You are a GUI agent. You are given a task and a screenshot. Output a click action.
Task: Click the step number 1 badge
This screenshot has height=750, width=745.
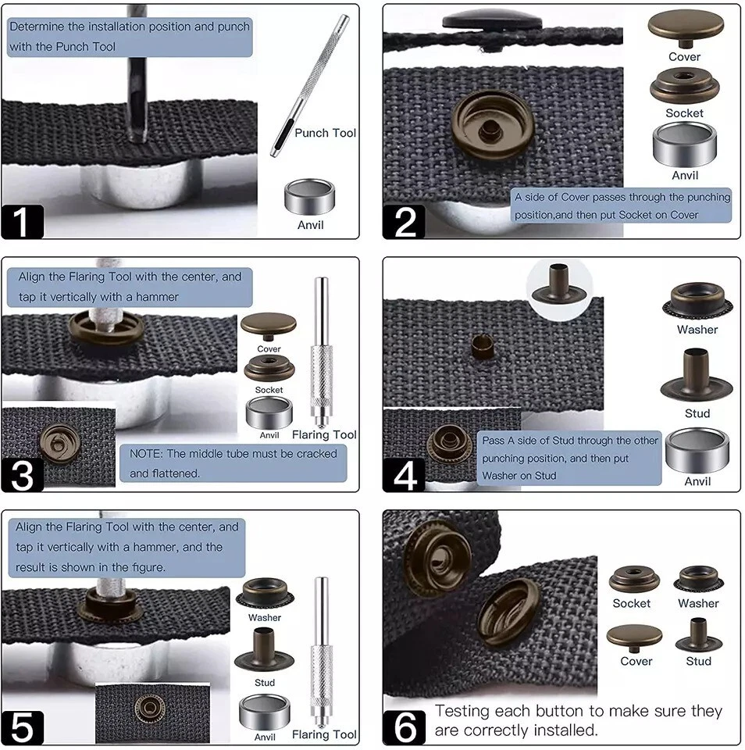pos(22,221)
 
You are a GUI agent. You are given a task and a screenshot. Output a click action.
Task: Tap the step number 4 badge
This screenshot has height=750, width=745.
pos(404,474)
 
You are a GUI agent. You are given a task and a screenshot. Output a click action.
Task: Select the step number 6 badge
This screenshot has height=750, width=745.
pos(404,727)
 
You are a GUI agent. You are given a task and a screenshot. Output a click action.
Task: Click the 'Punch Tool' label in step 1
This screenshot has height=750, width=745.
pos(325,133)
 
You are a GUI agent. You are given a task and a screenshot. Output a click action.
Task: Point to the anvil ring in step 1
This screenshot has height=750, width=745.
pos(309,196)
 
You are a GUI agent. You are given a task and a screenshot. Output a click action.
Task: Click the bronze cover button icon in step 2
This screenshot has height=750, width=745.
pos(686,29)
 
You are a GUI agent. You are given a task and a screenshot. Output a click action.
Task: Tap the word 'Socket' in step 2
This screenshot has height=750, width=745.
pos(684,113)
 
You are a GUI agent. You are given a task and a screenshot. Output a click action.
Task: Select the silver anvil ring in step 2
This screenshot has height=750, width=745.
pos(685,145)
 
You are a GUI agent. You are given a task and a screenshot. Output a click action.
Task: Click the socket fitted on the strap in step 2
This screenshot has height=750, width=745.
pos(493,126)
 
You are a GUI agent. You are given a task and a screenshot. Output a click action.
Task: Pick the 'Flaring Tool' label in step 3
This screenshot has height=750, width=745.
pos(324,434)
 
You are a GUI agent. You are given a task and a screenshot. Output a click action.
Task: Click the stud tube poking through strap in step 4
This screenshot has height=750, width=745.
pos(483,346)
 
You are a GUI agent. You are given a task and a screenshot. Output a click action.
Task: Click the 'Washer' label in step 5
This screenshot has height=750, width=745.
pos(265,617)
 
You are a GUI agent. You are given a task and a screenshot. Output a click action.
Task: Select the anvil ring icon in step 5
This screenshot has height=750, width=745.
pos(265,712)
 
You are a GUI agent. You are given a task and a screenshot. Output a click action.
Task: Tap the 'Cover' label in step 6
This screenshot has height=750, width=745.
pos(636,661)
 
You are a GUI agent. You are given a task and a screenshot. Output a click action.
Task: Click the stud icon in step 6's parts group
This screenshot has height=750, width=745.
pos(699,635)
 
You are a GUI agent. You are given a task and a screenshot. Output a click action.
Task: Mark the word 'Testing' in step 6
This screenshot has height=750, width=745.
pos(462,711)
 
